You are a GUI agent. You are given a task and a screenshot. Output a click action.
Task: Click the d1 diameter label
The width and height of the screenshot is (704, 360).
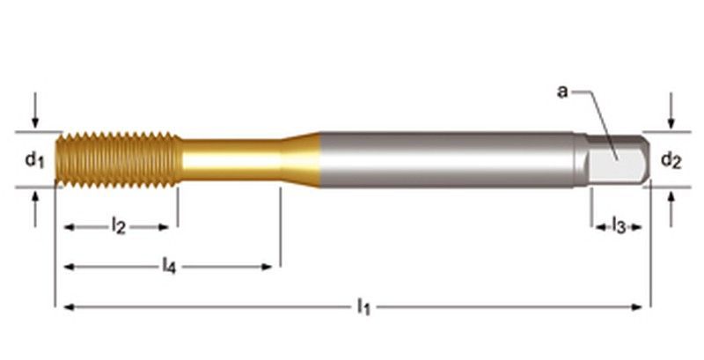34,160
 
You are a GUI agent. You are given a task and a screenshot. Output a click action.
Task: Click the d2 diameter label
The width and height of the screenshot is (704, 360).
671,160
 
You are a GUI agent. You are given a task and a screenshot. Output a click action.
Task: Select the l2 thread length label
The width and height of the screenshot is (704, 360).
118,226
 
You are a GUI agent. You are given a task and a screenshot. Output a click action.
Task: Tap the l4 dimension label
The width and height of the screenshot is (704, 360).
169,266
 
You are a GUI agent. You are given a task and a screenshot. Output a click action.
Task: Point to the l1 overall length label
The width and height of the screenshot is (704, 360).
363,306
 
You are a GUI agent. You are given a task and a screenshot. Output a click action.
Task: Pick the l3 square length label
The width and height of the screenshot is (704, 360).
619,226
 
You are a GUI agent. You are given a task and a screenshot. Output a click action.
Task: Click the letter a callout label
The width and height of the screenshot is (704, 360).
562,92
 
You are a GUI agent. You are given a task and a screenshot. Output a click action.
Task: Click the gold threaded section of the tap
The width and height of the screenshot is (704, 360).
119,160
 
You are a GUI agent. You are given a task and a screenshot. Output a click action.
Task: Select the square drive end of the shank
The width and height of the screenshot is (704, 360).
619,160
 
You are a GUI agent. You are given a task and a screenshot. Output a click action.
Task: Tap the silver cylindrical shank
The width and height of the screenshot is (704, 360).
447,160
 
